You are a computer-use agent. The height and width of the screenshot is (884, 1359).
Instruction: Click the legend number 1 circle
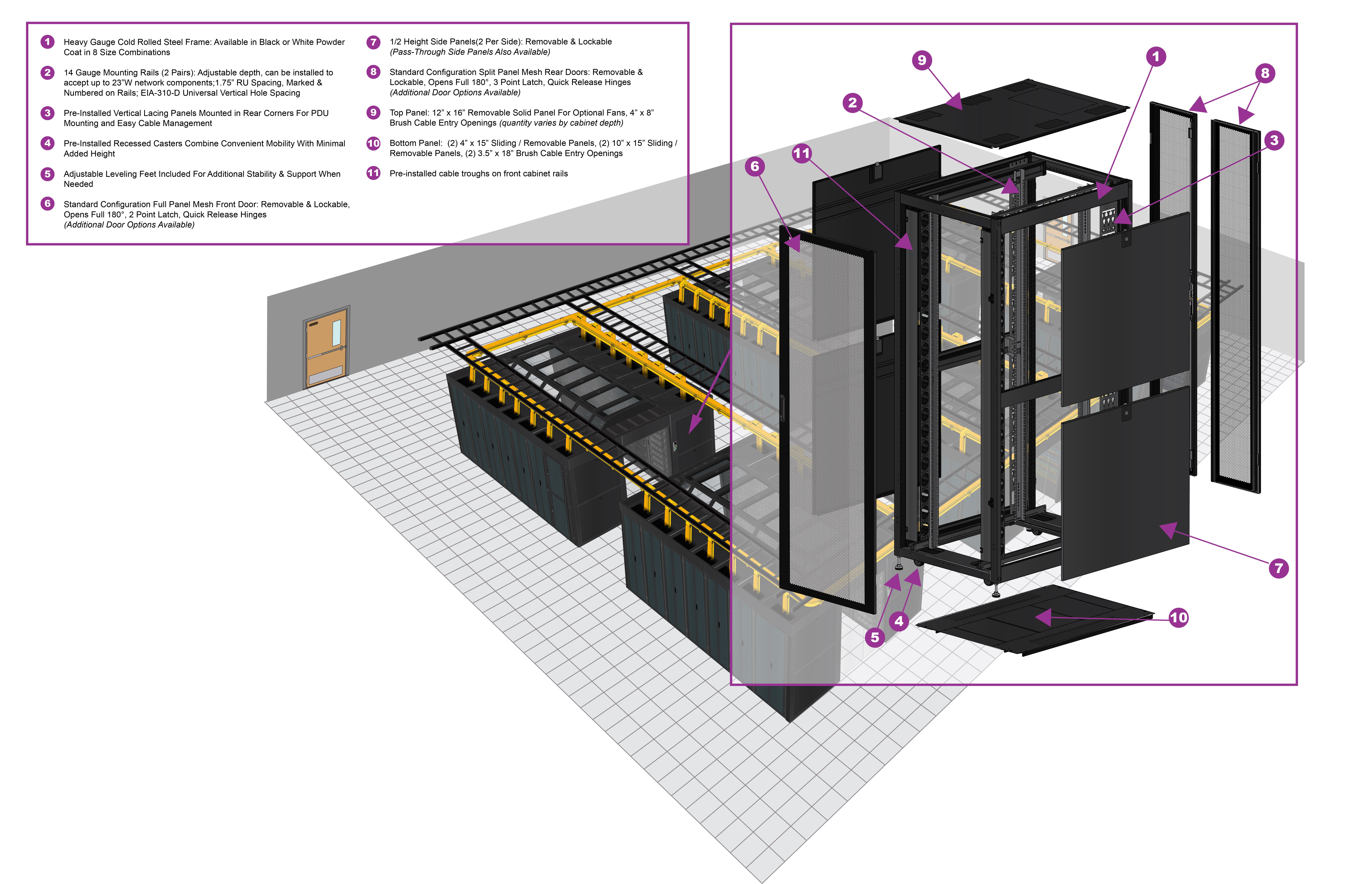47,42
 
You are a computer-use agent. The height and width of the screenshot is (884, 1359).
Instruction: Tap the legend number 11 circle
373,173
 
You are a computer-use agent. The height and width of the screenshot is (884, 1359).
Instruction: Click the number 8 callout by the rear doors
1265,73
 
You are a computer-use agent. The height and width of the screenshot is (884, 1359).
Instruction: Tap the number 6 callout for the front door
755,166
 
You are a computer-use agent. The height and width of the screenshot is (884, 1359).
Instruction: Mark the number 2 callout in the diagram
852,103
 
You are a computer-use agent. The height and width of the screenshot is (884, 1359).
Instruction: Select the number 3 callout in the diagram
1274,141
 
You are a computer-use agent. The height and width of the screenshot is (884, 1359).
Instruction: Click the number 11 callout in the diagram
802,153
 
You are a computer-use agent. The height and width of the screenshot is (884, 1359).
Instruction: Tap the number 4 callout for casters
899,621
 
